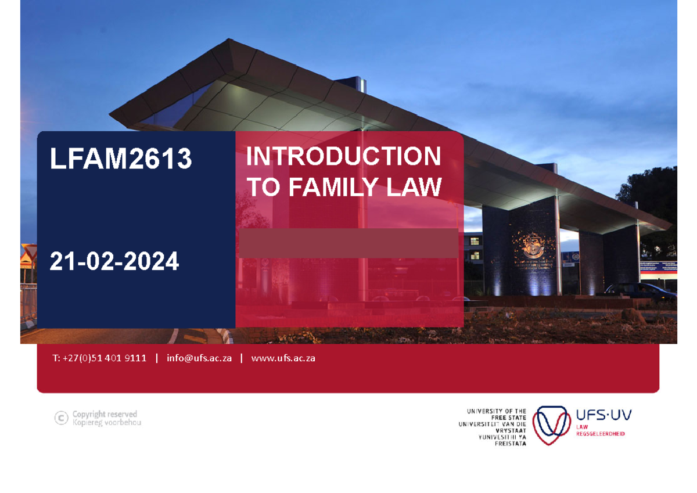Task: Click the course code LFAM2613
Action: coord(120,159)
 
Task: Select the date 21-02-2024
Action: coord(114,262)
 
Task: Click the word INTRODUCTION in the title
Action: coord(343,157)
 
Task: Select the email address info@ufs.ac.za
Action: coord(199,358)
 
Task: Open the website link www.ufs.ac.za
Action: coord(283,358)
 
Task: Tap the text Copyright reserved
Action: coord(105,414)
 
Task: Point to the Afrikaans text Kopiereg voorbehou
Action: coord(106,422)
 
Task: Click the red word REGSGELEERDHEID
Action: coord(600,434)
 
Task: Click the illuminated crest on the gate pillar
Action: coord(530,246)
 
